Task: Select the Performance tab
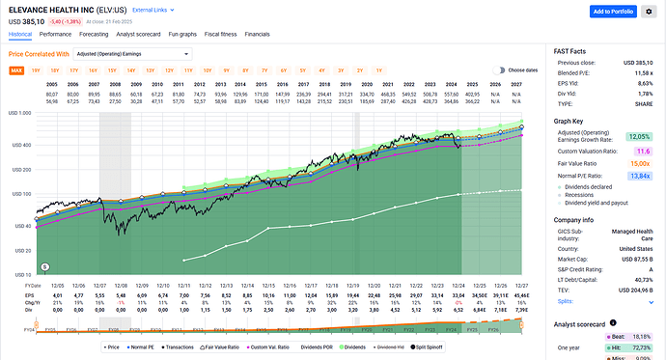(54, 33)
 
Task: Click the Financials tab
(257, 33)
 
